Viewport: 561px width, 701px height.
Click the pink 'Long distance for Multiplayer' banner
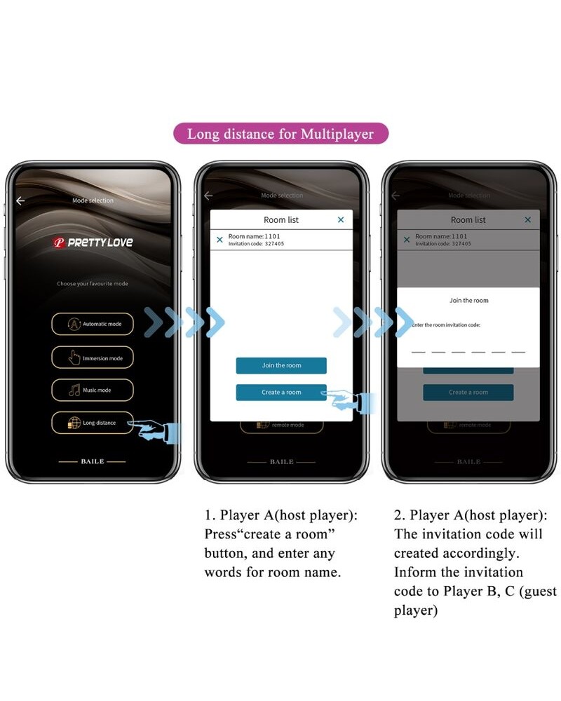point(280,133)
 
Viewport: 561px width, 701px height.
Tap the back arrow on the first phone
point(20,201)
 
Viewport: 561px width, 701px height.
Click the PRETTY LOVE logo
point(93,243)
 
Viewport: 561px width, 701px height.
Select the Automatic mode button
point(92,324)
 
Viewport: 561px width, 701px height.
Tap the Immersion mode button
point(92,358)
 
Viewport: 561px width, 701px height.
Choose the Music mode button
point(92,390)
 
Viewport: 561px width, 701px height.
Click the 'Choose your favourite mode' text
point(93,284)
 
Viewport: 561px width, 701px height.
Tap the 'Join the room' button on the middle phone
point(280,365)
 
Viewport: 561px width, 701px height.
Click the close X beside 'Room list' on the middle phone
point(341,220)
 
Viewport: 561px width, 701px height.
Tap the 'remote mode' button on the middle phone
point(281,425)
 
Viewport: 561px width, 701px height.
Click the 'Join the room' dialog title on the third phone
point(468,301)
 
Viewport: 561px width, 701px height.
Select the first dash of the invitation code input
point(418,351)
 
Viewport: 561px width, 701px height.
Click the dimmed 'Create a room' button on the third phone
point(468,393)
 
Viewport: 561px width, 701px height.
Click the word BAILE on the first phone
point(93,462)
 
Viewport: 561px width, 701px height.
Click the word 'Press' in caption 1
point(222,534)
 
